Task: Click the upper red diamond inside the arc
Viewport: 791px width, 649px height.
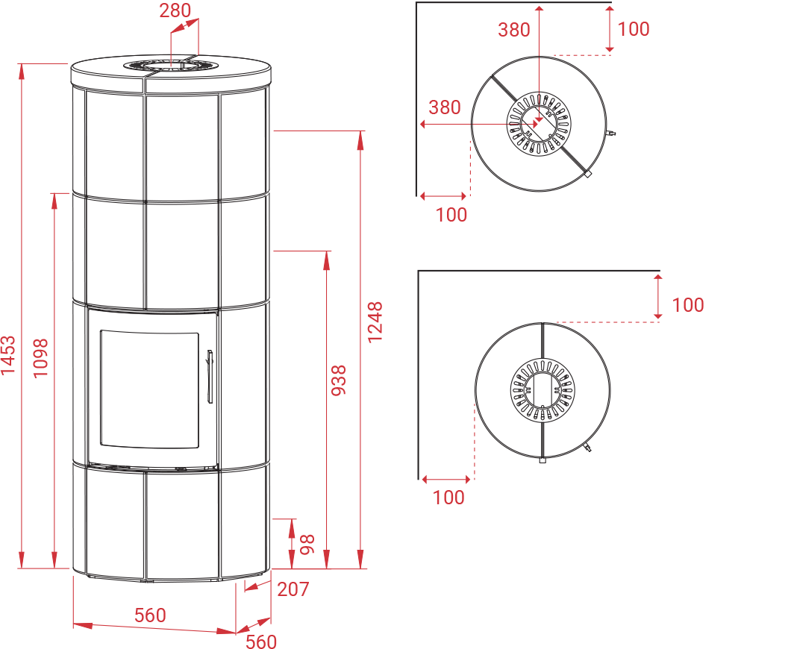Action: pos(537,74)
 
